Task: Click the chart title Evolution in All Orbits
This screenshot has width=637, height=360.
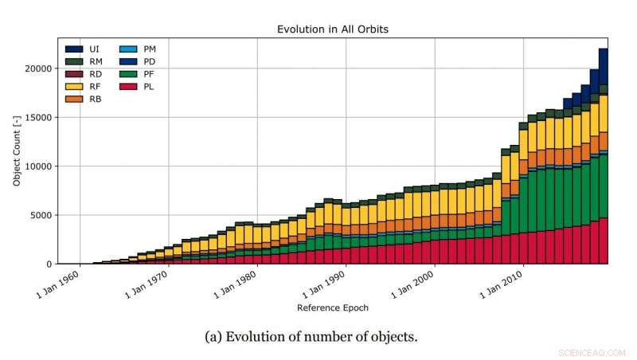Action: coord(333,29)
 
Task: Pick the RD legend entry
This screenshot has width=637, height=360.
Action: coord(85,74)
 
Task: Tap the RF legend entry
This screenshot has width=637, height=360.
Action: coord(85,86)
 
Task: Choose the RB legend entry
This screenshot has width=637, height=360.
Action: coord(85,99)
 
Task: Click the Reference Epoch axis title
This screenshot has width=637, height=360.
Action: coord(332,307)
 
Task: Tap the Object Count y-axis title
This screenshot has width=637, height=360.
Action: coord(16,151)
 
